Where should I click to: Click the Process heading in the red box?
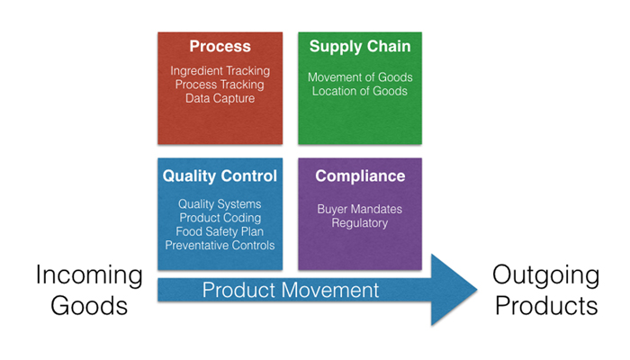click(220, 46)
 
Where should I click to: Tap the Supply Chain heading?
click(360, 47)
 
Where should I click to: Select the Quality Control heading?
click(220, 176)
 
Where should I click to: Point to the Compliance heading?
click(360, 176)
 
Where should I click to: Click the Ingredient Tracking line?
click(220, 71)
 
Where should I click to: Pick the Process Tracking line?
click(220, 85)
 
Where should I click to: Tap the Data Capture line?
click(220, 98)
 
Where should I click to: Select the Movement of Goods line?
click(360, 77)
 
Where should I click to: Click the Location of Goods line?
click(360, 91)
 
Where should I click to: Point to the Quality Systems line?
click(220, 204)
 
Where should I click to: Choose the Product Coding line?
click(220, 218)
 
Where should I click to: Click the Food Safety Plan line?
click(220, 232)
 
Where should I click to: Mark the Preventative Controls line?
click(220, 246)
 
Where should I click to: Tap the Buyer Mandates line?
click(360, 209)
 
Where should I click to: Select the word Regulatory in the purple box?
click(360, 223)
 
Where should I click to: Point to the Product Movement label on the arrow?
click(291, 290)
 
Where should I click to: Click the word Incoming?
click(89, 275)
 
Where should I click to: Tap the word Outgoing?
click(546, 275)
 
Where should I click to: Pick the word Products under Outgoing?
click(546, 306)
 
